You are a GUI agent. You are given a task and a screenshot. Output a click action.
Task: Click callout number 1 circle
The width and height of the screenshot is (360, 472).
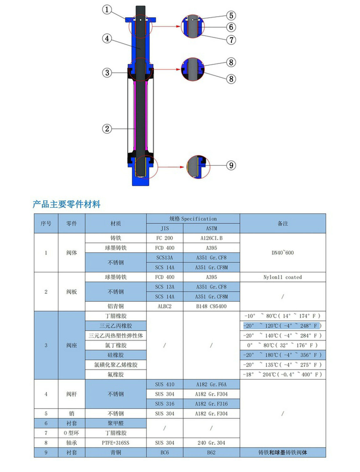pyautogui.click(x=107, y=10)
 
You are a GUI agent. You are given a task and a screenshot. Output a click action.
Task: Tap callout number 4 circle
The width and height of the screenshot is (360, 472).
pyautogui.click(x=107, y=39)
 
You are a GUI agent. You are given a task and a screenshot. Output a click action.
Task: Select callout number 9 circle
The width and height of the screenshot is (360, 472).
pyautogui.click(x=231, y=165)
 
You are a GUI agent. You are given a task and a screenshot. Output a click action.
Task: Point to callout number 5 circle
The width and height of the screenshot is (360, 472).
pyautogui.click(x=231, y=15)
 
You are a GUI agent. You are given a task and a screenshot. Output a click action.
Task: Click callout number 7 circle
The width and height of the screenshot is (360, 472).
pyautogui.click(x=231, y=40)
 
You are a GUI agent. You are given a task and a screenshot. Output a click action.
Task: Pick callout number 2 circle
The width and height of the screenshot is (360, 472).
pyautogui.click(x=107, y=128)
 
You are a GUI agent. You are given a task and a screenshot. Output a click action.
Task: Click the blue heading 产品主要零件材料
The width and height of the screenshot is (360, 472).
pyautogui.click(x=66, y=204)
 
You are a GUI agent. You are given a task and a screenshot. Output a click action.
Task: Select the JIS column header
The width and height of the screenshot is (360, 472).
pyautogui.click(x=165, y=228)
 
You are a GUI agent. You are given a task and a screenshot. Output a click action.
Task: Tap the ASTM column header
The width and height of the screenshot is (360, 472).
pyautogui.click(x=211, y=228)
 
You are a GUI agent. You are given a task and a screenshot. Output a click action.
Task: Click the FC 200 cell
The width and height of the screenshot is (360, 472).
pyautogui.click(x=165, y=238)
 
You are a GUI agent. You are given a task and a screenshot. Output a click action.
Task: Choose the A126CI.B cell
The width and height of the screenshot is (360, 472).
pyautogui.click(x=211, y=238)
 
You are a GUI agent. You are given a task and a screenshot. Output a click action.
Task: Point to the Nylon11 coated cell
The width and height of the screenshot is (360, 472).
pyautogui.click(x=282, y=277)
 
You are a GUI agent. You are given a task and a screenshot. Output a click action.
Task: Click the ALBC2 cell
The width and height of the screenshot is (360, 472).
pyautogui.click(x=165, y=306)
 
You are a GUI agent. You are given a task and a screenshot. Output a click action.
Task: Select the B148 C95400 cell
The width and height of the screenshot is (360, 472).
pyautogui.click(x=211, y=306)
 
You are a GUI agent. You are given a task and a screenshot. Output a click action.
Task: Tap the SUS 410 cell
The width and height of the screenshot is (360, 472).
pyautogui.click(x=165, y=384)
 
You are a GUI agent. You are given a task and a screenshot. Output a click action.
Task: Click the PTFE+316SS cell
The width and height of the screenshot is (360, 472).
pyautogui.click(x=116, y=443)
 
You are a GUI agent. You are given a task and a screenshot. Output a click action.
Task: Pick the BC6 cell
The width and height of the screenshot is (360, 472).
pyautogui.click(x=165, y=453)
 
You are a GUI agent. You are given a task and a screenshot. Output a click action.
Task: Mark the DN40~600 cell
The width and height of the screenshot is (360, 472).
pyautogui.click(x=282, y=253)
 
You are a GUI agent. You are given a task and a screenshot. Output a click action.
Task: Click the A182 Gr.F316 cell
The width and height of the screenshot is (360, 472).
pyautogui.click(x=211, y=404)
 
